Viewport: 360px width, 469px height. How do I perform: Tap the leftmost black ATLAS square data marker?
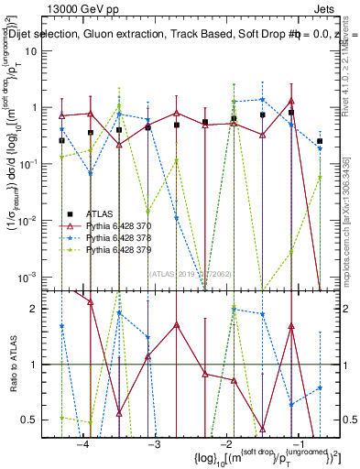[61, 140]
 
